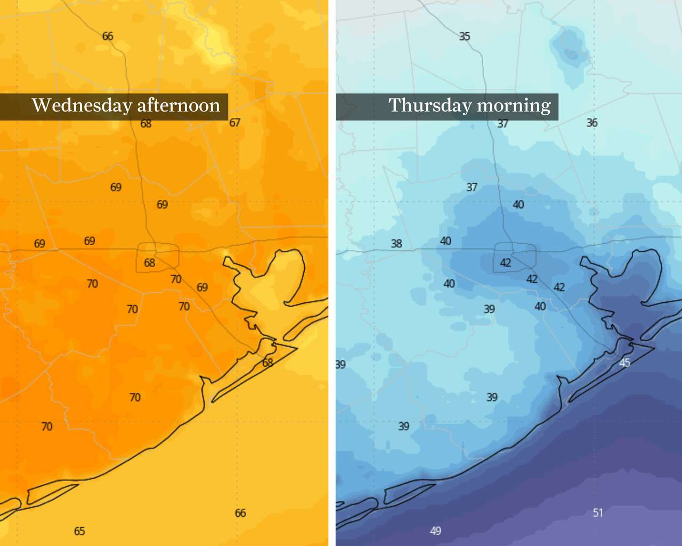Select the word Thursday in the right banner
pyautogui.click(x=429, y=106)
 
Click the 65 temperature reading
pyautogui.click(x=79, y=531)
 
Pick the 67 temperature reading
pyautogui.click(x=235, y=123)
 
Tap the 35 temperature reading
pyautogui.click(x=465, y=36)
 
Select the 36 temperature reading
pyautogui.click(x=592, y=123)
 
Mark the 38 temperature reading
pyautogui.click(x=396, y=244)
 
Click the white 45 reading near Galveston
pyautogui.click(x=624, y=363)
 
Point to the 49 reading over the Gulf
pyautogui.click(x=435, y=531)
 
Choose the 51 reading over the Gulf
pyautogui.click(x=598, y=512)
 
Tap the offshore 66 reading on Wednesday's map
pyautogui.click(x=240, y=513)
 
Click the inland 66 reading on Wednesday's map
pyautogui.click(x=108, y=36)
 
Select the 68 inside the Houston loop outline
pyautogui.click(x=150, y=262)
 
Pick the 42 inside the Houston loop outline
pyautogui.click(x=506, y=262)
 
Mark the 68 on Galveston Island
pyautogui.click(x=267, y=363)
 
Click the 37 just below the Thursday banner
pyautogui.click(x=503, y=124)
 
